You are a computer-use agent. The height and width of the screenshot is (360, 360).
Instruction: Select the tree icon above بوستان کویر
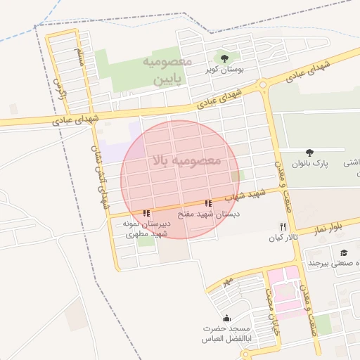(x=224, y=58)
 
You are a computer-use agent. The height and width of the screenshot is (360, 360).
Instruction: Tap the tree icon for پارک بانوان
(x=309, y=151)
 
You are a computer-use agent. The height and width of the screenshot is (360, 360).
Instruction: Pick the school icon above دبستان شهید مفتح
(x=208, y=204)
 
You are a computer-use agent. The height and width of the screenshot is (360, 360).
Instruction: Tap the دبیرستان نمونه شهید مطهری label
(x=146, y=228)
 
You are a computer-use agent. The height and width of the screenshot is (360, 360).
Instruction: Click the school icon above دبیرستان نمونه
(x=146, y=212)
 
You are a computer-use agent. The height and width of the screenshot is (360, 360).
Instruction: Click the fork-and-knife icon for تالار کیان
(x=283, y=226)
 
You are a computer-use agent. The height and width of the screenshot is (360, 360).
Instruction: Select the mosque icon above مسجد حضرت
(x=226, y=318)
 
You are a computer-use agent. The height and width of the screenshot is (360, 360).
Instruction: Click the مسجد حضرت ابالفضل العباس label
(x=226, y=334)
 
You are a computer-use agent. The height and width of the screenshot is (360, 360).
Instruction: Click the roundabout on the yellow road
(x=264, y=85)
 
